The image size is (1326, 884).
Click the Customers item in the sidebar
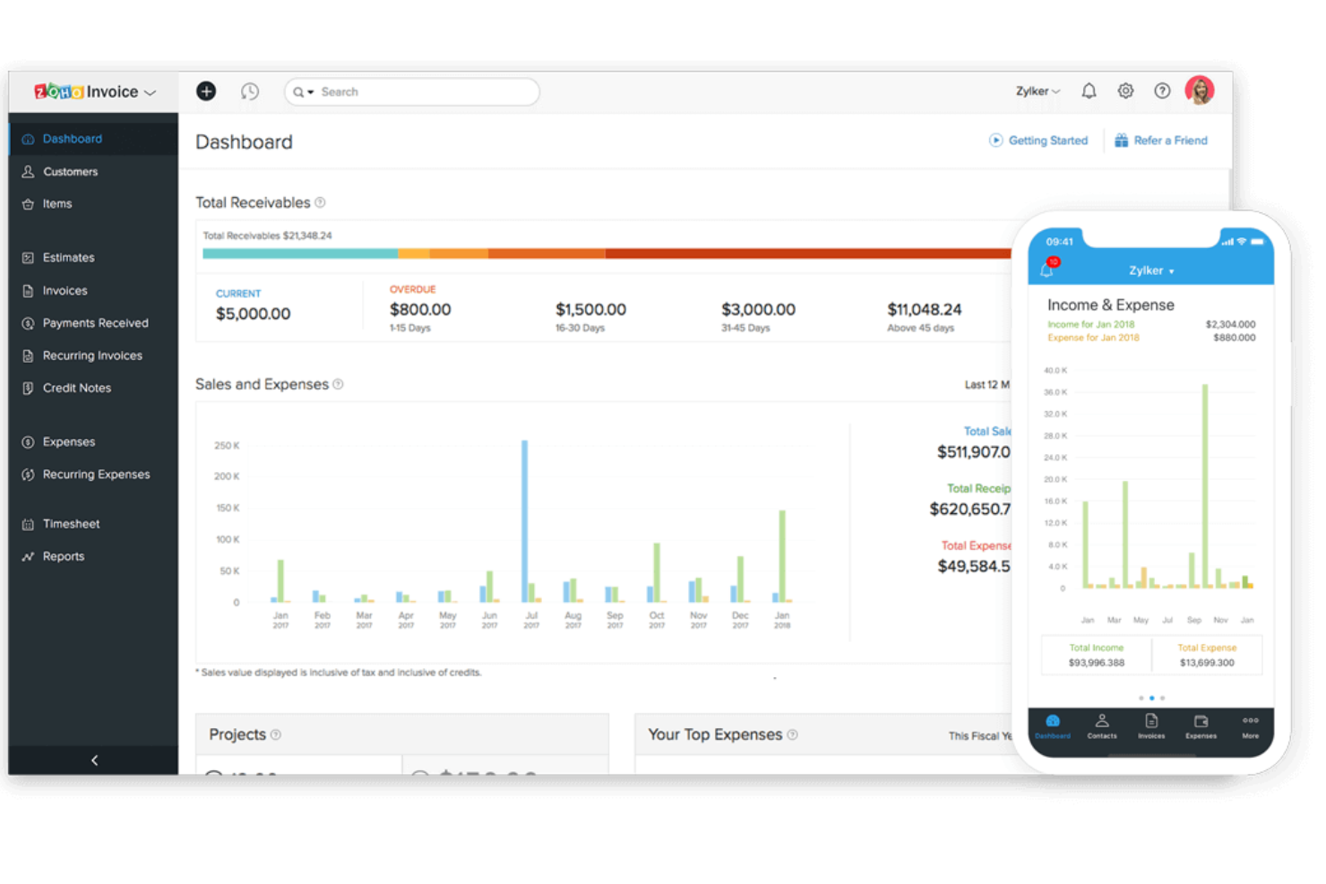click(x=70, y=172)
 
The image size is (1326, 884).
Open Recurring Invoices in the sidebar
click(x=92, y=356)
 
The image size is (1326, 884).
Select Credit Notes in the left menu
click(x=77, y=388)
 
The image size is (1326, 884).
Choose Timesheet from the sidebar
click(x=71, y=524)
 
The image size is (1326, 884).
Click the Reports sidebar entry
click(x=64, y=556)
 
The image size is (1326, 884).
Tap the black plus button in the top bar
click(x=206, y=91)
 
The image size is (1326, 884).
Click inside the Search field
click(x=421, y=91)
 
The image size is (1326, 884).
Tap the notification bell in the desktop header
click(x=1089, y=90)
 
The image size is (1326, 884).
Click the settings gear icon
click(x=1125, y=90)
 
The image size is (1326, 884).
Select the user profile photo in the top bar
click(x=1199, y=90)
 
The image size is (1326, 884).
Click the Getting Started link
click(x=1046, y=141)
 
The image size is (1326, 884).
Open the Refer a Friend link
click(x=1169, y=141)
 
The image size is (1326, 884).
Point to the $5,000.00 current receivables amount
click(x=253, y=313)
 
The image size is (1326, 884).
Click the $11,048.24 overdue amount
click(x=924, y=309)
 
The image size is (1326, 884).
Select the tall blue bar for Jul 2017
click(x=525, y=519)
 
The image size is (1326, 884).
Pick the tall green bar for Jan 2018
click(x=782, y=555)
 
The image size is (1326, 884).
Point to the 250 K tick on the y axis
click(x=227, y=445)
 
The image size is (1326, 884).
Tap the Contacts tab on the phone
click(x=1102, y=725)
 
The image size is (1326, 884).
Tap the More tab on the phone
click(x=1250, y=725)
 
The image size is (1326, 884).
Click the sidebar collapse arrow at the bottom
click(x=94, y=760)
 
